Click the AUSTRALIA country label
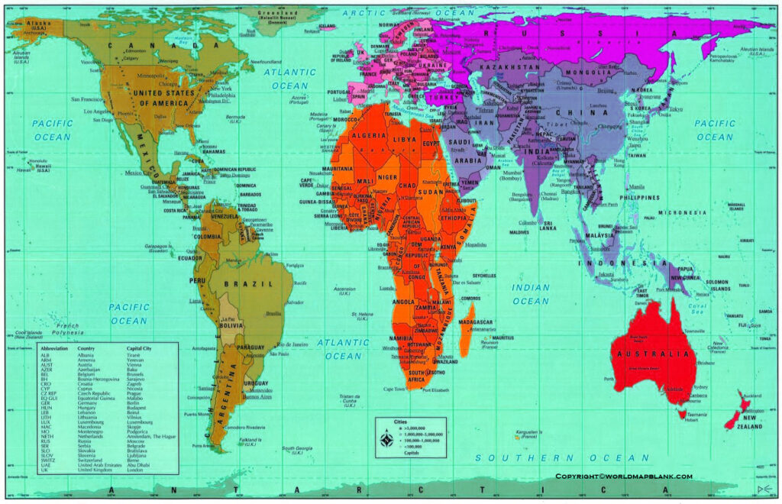pyautogui.click(x=652, y=354)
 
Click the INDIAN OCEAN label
pyautogui.click(x=531, y=294)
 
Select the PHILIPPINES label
pyautogui.click(x=639, y=197)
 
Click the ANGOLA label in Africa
pyautogui.click(x=404, y=302)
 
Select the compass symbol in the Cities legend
pyautogui.click(x=387, y=439)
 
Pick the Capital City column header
pyautogui.click(x=143, y=349)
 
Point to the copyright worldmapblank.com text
pyautogui.click(x=624, y=477)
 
